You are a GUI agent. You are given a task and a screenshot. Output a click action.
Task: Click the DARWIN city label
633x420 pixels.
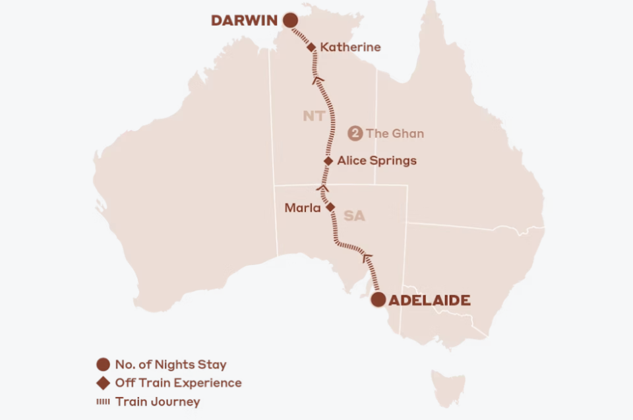point(244,21)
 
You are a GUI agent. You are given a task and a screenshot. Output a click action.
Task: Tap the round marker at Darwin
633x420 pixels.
point(289,21)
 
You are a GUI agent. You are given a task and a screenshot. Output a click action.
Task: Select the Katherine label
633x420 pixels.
point(350,47)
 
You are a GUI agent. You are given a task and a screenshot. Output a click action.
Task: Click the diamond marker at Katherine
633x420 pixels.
point(311,47)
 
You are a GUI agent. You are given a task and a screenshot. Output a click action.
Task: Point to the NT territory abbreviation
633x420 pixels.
point(314,117)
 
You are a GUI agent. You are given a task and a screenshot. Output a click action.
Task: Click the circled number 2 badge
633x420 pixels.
point(355,134)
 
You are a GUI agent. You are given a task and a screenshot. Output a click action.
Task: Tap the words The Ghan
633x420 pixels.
point(395,134)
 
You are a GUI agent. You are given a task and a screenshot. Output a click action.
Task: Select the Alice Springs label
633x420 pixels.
point(377,160)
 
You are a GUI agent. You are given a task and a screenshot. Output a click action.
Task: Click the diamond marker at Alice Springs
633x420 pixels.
point(328,160)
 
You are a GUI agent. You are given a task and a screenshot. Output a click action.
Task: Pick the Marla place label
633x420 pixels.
point(302,208)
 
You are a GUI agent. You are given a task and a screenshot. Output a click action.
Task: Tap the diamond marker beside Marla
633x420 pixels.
point(331,206)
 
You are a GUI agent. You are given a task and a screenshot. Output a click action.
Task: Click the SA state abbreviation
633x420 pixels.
point(354,216)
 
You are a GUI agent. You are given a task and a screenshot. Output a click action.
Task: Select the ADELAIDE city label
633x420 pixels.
point(430,301)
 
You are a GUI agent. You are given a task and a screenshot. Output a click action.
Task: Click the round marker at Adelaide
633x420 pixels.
point(378,300)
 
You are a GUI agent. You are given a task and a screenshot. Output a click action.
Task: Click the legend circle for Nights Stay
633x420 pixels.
point(103,365)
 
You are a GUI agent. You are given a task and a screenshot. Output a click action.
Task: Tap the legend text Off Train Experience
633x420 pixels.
point(178,383)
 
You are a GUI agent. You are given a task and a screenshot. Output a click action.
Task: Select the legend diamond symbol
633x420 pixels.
point(103,383)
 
